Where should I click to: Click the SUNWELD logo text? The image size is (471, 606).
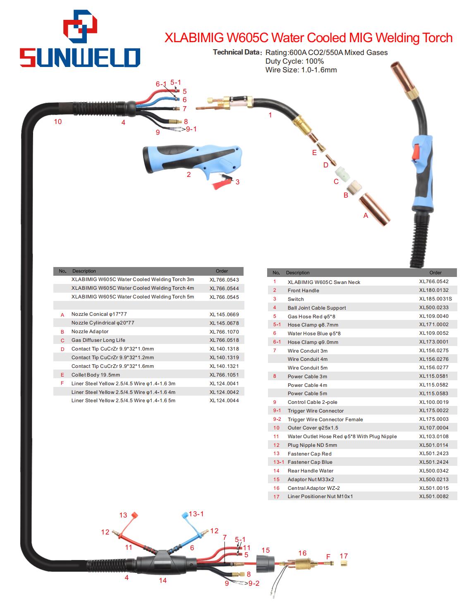[80, 57]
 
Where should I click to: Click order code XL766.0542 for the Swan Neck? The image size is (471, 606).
[434, 282]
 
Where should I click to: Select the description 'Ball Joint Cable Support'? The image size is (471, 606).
[316, 308]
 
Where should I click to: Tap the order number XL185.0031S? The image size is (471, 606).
[435, 299]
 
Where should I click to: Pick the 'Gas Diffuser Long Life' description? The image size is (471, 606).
[98, 340]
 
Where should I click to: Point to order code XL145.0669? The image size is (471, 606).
[224, 314]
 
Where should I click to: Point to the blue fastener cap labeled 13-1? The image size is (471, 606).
[185, 515]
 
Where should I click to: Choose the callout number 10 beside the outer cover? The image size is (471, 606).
[58, 122]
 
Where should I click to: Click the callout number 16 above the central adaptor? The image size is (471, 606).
[302, 553]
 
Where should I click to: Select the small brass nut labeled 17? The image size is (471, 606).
[344, 563]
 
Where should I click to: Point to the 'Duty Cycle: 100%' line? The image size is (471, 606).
[294, 61]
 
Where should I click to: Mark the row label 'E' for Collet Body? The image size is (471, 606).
[62, 375]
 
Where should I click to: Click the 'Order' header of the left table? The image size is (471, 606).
[222, 271]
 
